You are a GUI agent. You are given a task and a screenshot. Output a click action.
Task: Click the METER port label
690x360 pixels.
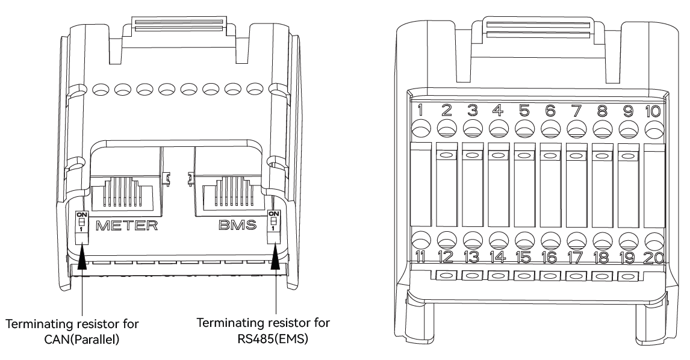click(127, 226)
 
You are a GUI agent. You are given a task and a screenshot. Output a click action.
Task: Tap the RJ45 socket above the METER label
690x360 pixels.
click(127, 186)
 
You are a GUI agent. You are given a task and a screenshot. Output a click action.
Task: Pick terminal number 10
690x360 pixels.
click(652, 110)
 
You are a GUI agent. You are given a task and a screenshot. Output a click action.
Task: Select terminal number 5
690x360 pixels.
click(524, 110)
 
